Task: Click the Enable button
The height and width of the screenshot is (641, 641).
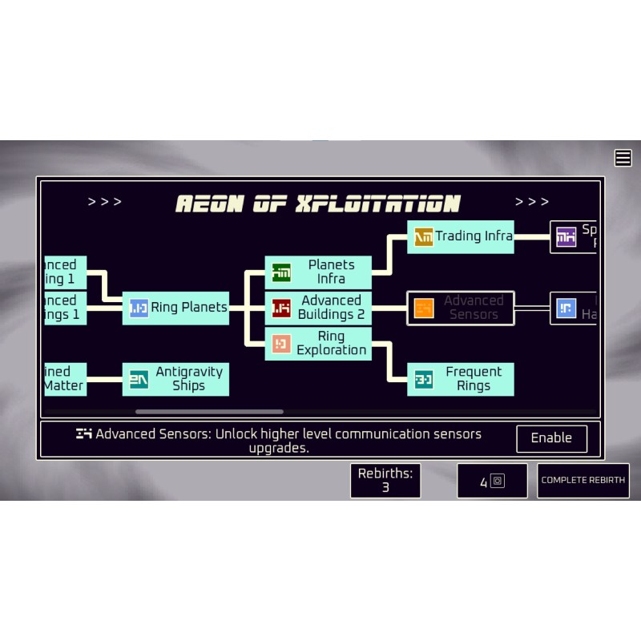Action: [x=551, y=438]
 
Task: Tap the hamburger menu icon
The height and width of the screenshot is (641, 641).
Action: [x=623, y=158]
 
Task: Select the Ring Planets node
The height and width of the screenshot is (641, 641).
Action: [x=175, y=308]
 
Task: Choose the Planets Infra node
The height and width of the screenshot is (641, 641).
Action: [x=318, y=272]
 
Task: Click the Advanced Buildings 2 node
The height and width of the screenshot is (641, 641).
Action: [x=318, y=308]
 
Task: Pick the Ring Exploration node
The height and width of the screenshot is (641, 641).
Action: [x=318, y=344]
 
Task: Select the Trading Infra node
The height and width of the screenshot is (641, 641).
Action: [x=461, y=237]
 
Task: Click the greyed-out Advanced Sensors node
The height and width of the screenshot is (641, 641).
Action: [x=461, y=308]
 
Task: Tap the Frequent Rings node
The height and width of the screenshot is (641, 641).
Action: [x=461, y=379]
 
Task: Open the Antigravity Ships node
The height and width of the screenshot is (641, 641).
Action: [x=175, y=379]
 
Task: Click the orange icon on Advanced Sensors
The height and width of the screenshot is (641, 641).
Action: [x=424, y=308]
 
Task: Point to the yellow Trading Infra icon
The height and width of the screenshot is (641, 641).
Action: [x=424, y=237]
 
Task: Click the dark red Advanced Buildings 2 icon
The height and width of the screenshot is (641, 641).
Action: [x=281, y=308]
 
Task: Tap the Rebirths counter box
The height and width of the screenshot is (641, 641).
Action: [x=385, y=481]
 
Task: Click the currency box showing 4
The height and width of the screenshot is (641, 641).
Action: [x=492, y=481]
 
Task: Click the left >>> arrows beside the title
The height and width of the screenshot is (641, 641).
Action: [x=105, y=202]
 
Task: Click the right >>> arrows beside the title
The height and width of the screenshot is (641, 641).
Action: [x=532, y=202]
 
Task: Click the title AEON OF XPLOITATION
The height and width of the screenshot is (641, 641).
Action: [x=318, y=204]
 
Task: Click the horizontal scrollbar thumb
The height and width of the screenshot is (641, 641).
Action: [x=209, y=412]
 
